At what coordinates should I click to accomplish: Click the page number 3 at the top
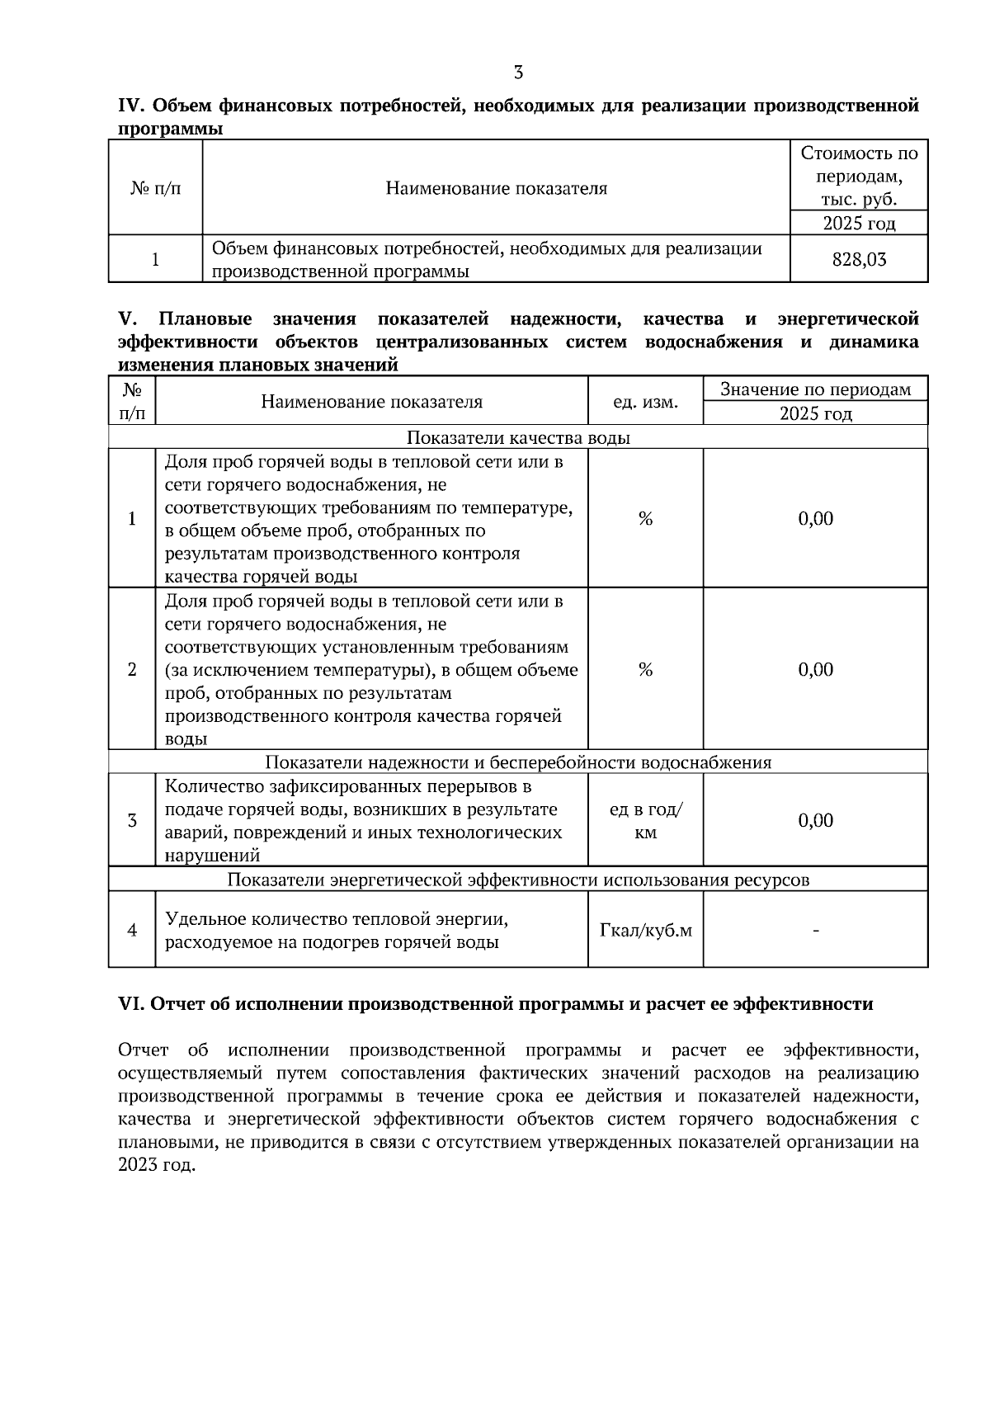(518, 73)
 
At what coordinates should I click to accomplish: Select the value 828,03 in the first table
(859, 260)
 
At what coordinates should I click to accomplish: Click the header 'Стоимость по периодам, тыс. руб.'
(859, 176)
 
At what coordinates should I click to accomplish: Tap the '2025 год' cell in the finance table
(859, 224)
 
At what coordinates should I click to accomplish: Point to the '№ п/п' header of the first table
(155, 188)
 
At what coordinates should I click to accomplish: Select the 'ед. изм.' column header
(645, 402)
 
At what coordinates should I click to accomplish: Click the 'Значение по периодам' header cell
(815, 389)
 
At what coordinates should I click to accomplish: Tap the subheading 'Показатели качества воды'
(518, 437)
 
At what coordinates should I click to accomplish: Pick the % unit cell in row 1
(645, 518)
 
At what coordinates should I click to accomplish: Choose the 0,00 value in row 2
(815, 669)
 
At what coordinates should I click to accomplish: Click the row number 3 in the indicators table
(132, 820)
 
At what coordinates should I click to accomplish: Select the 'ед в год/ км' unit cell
(645, 821)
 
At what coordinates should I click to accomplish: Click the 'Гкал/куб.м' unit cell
(645, 931)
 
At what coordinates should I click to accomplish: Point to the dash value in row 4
(815, 931)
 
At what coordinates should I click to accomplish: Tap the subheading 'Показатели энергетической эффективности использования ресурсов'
(518, 880)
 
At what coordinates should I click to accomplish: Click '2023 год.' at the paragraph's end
(158, 1166)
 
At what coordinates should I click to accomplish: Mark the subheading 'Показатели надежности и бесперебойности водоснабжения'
(518, 762)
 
